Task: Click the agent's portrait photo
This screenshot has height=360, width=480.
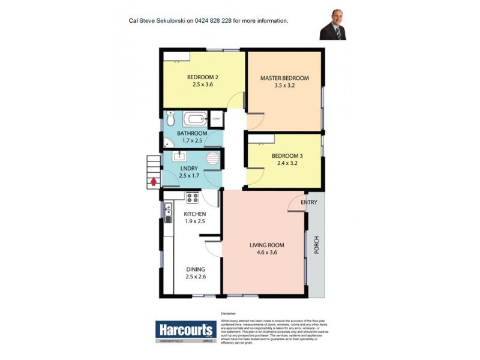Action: [x=332, y=24]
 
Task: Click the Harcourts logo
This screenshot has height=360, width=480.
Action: [x=185, y=329]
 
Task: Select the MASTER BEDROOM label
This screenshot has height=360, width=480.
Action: [x=284, y=78]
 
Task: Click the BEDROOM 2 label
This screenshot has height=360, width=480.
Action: [x=202, y=77]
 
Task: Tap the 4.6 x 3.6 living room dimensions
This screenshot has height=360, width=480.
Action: [x=267, y=253]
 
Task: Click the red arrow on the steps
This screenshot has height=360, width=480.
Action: [x=154, y=179]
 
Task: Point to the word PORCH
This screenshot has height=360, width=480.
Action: [x=316, y=244]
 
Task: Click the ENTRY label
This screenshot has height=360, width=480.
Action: [x=309, y=202]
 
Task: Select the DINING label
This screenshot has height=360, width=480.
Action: [x=196, y=269]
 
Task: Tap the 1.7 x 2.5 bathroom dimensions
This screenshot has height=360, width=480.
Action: [x=192, y=141]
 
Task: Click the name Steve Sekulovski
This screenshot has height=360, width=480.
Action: [x=162, y=20]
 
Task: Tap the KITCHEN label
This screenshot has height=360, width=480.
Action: [x=195, y=214]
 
